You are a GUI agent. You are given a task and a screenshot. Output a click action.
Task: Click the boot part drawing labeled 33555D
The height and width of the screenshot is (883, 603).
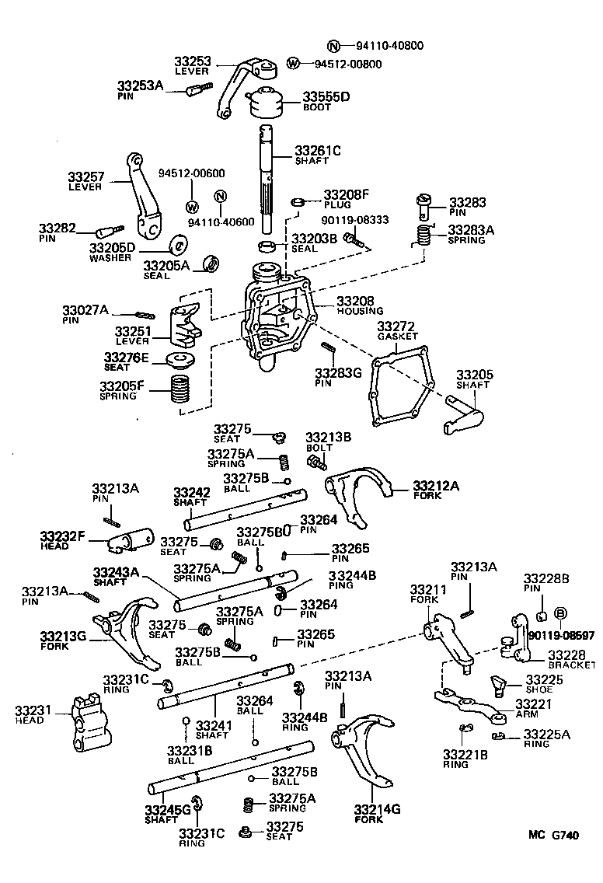[x=266, y=104]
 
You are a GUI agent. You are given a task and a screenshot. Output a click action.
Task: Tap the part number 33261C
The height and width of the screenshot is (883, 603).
[x=318, y=151]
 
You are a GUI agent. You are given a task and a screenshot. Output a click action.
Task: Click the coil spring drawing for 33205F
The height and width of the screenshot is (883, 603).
[x=180, y=388]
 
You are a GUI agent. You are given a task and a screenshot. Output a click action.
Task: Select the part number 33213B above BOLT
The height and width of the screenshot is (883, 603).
[x=328, y=438]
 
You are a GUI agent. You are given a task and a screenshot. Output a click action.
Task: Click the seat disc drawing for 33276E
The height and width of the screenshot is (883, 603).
[x=180, y=360]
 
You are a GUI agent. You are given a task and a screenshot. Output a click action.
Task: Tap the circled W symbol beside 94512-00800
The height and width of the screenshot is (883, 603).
[x=294, y=63]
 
